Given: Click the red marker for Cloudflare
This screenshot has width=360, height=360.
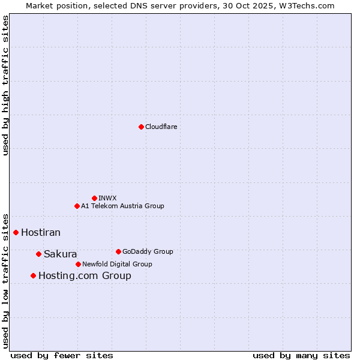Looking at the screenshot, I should click(141, 127).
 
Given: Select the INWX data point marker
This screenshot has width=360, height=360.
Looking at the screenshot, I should click(94, 198).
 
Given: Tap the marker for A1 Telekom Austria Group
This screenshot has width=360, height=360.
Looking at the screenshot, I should click(77, 206).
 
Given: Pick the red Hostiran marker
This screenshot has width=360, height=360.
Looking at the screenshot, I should click(16, 232).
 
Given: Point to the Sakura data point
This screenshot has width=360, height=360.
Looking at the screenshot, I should click(38, 254).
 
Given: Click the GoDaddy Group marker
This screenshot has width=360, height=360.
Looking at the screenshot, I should click(118, 251).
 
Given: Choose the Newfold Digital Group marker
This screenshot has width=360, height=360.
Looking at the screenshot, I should click(78, 264).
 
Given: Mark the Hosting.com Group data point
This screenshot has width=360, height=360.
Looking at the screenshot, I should click(33, 275).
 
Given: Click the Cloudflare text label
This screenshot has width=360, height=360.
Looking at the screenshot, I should click(161, 127).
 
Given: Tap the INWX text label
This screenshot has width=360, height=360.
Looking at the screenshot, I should click(107, 198).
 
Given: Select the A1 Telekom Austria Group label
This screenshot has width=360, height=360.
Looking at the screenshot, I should click(122, 206).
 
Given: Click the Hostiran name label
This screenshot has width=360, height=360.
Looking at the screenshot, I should click(41, 233).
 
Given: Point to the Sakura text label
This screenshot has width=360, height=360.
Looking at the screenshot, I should click(60, 254).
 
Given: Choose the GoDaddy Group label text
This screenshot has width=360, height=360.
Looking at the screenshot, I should click(148, 251).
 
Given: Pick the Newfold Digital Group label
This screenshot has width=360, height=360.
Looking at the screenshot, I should click(117, 264).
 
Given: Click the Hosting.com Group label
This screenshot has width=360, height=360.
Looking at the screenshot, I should click(85, 276).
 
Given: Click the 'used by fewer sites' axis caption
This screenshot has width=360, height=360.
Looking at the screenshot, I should click(62, 355).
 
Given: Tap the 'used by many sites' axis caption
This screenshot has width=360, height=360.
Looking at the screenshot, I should click(301, 355).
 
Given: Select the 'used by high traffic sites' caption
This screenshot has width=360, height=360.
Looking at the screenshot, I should click(5, 85).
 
